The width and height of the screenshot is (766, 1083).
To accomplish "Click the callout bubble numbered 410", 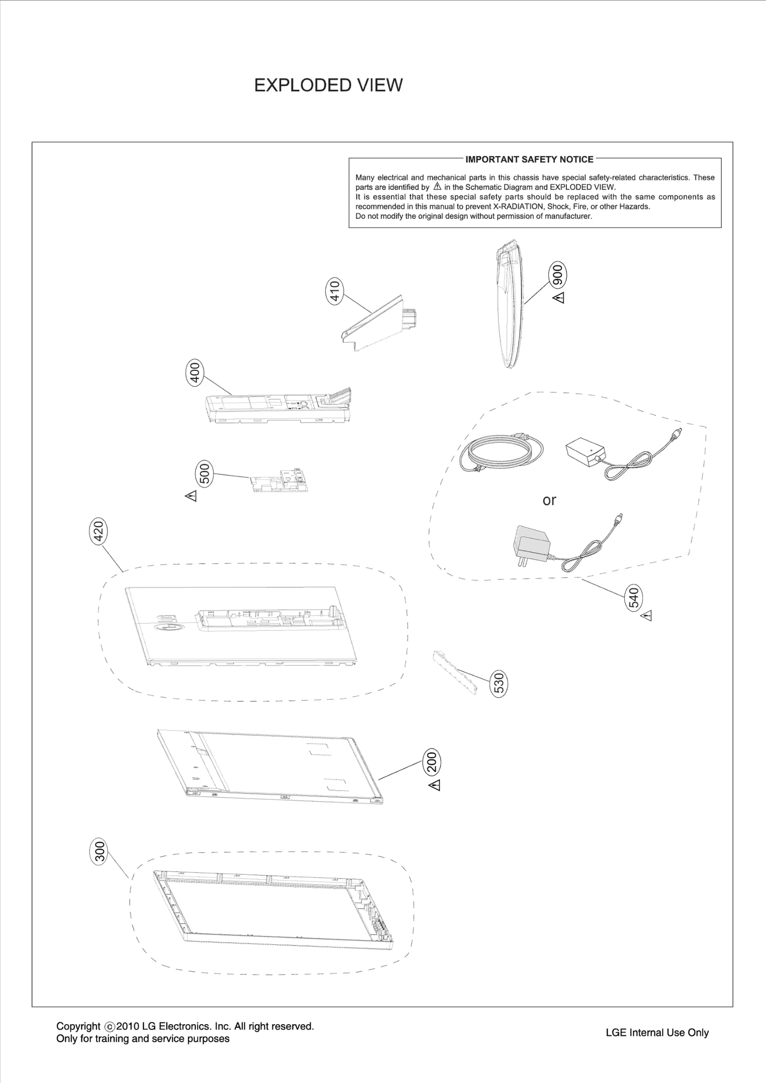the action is pyautogui.click(x=335, y=290).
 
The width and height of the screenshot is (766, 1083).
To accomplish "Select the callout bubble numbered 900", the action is pyautogui.click(x=558, y=274).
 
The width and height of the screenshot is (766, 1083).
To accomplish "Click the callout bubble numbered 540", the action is pyautogui.click(x=634, y=597).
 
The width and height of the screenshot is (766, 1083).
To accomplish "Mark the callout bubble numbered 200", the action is pyautogui.click(x=432, y=761).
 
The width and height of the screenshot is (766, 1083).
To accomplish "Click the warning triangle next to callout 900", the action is pyautogui.click(x=559, y=298).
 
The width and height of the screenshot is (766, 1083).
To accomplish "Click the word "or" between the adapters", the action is pyautogui.click(x=549, y=500).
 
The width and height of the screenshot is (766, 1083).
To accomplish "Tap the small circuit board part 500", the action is pyautogui.click(x=279, y=482).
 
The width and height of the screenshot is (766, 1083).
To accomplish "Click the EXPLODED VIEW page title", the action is pyautogui.click(x=328, y=85).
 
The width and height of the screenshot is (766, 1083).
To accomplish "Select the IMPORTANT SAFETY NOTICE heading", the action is pyautogui.click(x=529, y=159).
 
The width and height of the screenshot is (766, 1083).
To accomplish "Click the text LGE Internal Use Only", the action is pyautogui.click(x=657, y=1032).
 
